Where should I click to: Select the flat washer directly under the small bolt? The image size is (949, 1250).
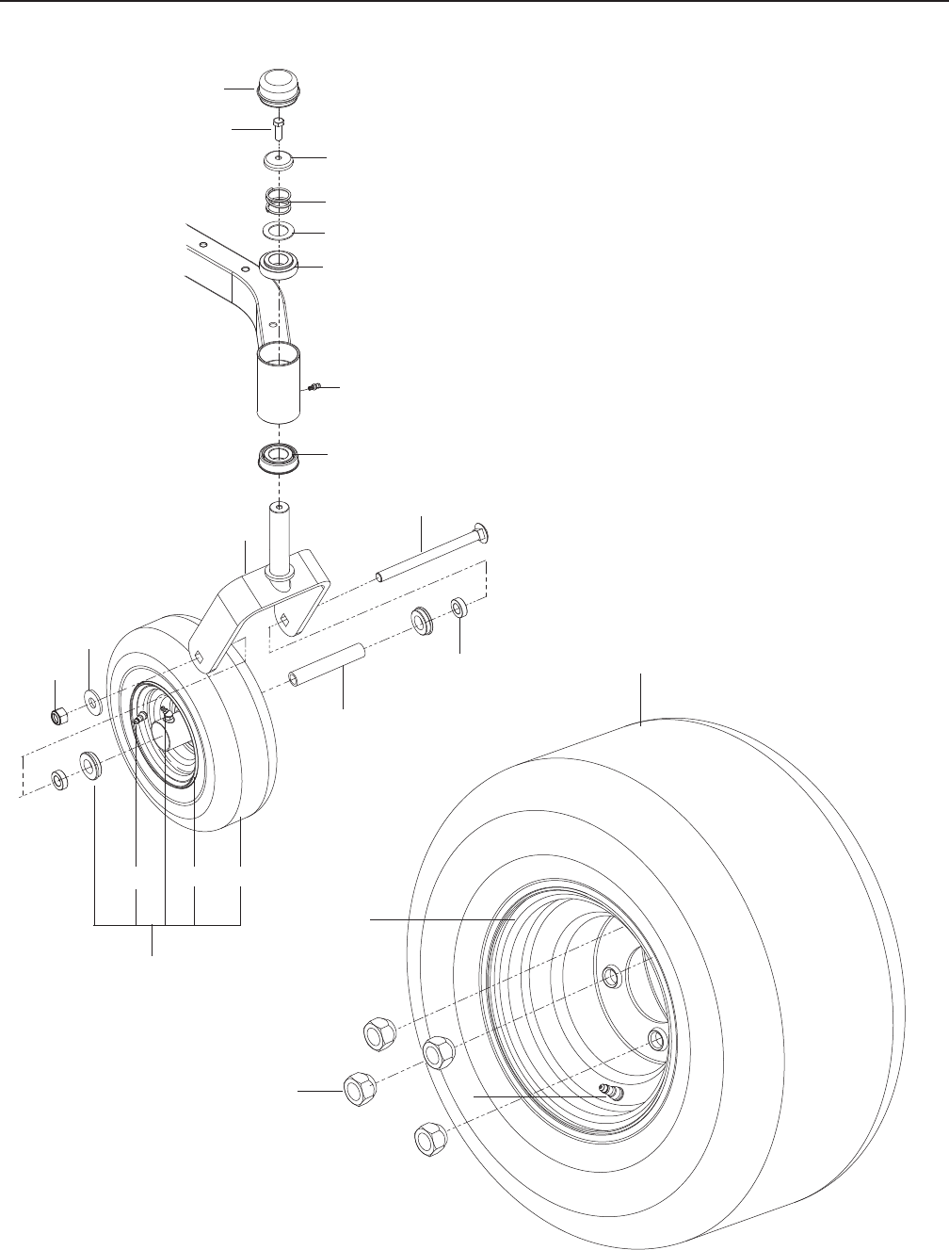[x=280, y=160]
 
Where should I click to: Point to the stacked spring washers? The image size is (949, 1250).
[x=280, y=201]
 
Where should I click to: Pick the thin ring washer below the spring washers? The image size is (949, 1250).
[x=280, y=232]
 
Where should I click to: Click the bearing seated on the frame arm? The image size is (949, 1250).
[x=281, y=265]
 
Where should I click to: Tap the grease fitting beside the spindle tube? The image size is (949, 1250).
[x=315, y=386]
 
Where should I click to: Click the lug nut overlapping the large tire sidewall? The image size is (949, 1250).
[x=437, y=1052]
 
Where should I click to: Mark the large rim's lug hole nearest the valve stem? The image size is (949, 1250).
[x=656, y=1039]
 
